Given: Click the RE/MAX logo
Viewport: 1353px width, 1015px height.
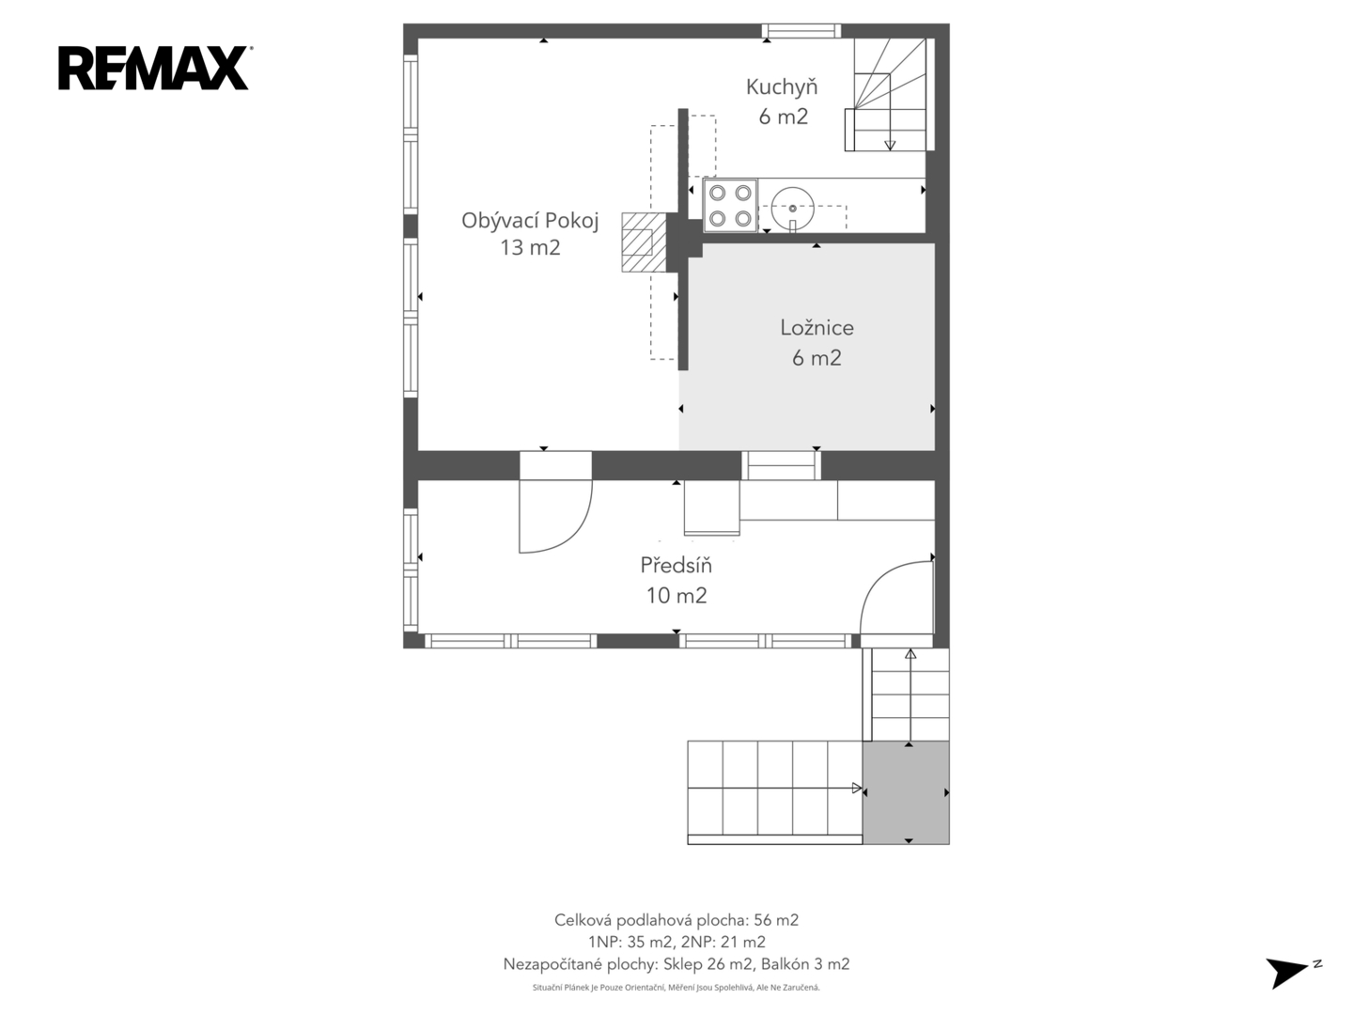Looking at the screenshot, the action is pyautogui.click(x=154, y=69).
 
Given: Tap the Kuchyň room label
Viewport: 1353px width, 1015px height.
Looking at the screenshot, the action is pyautogui.click(x=782, y=87).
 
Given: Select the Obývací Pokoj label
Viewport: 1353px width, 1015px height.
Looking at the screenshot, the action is pyautogui.click(x=530, y=221).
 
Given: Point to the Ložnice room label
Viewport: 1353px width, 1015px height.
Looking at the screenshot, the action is pyautogui.click(x=816, y=328).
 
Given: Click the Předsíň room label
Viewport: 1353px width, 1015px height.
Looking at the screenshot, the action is pyautogui.click(x=676, y=565).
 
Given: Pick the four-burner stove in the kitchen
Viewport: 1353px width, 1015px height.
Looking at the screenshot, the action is pyautogui.click(x=730, y=206).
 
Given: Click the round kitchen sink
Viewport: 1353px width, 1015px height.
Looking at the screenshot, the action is pyautogui.click(x=793, y=209).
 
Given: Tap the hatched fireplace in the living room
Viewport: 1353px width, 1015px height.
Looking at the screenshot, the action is pyautogui.click(x=645, y=242).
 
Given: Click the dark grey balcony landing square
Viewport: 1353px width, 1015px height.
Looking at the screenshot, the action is pyautogui.click(x=906, y=792).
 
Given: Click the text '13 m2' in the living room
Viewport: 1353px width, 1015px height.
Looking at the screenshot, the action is pyautogui.click(x=530, y=248).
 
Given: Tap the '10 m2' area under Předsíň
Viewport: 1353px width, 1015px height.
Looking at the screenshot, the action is pyautogui.click(x=676, y=595).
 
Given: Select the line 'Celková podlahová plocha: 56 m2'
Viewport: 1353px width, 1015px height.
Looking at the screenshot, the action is pyautogui.click(x=676, y=920).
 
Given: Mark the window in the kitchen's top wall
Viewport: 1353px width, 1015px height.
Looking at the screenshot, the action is pyautogui.click(x=801, y=31).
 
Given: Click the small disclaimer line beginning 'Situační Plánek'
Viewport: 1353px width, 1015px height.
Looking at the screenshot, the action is pyautogui.click(x=676, y=987).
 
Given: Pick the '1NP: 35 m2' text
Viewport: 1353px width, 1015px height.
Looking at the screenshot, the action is pyautogui.click(x=630, y=942).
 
